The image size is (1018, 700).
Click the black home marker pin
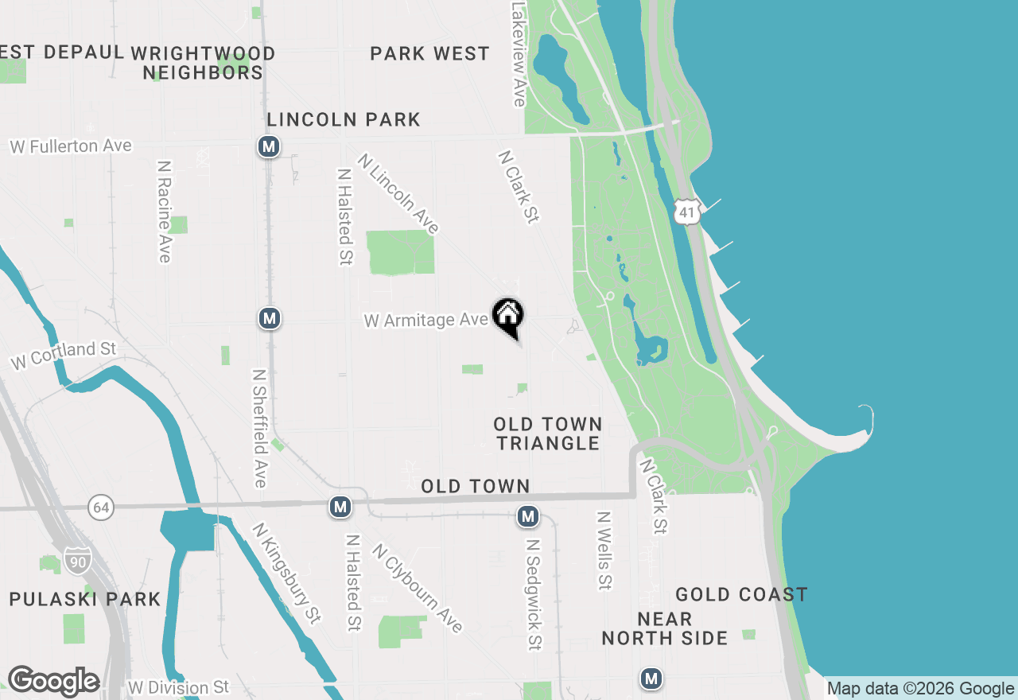pos(508,317)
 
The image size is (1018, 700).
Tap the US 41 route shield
pos(686,211)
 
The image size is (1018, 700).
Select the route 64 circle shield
pos(101,507)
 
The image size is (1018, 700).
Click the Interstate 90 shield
pos(78,558)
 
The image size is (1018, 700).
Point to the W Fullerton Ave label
pos(71,146)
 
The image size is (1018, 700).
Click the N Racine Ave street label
pos(165,212)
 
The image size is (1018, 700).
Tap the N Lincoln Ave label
pos(398,194)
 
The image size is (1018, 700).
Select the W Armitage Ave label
pos(425,320)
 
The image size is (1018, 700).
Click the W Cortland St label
pos(64,356)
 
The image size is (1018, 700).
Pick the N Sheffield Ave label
pos(259,427)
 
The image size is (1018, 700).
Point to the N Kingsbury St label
pos(287,573)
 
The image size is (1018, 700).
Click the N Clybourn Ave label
pos(418,588)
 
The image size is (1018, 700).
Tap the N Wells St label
pos(605,550)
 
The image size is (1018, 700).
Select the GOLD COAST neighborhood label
pos(741,594)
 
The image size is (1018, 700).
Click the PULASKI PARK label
pos(85,599)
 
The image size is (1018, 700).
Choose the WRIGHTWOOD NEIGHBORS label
pos(203,63)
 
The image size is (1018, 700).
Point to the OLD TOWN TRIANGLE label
pos(548,434)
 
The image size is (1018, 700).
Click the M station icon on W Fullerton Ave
pos(269,146)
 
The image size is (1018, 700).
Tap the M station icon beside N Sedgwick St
pos(527,516)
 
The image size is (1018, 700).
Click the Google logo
pos(53,682)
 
